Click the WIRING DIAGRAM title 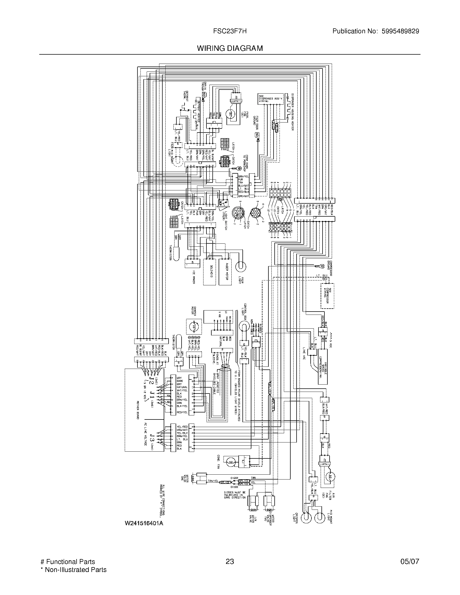click(x=230, y=48)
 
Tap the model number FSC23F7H click(x=230, y=31)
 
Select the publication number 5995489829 click(x=400, y=31)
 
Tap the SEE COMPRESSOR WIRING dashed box click(x=327, y=296)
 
